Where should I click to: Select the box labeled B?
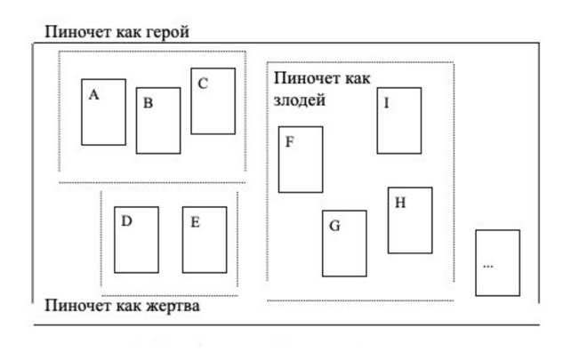pyautogui.click(x=157, y=120)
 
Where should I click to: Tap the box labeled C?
pyautogui.click(x=213, y=101)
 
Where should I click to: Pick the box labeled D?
pyautogui.click(x=136, y=239)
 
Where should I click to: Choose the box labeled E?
pyautogui.click(x=205, y=239)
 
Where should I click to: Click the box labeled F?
pyautogui.click(x=301, y=159)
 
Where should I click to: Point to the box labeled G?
pyautogui.click(x=344, y=244)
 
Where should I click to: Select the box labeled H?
pyautogui.click(x=410, y=220)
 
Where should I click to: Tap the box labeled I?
pyautogui.click(x=398, y=120)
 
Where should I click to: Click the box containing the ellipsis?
pyautogui.click(x=497, y=262)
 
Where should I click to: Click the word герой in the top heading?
pyautogui.click(x=166, y=33)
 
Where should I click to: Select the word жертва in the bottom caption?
pyautogui.click(x=173, y=307)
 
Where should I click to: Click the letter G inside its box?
pyautogui.click(x=334, y=225)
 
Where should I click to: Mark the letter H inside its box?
pyautogui.click(x=400, y=203)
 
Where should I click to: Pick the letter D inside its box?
pyautogui.click(x=126, y=221)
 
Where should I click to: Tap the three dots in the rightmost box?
pyautogui.click(x=487, y=266)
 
